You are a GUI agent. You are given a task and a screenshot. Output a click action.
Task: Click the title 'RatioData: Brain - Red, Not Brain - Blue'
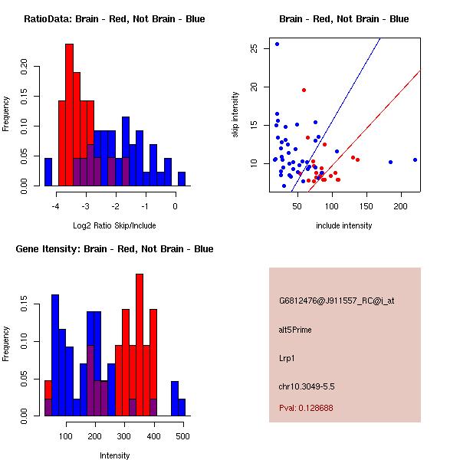(114, 19)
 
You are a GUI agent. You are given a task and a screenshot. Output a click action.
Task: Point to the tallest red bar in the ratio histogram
(69, 115)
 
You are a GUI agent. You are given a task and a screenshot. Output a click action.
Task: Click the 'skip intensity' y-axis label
(235, 115)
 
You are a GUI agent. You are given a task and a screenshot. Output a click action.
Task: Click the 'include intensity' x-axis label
(344, 225)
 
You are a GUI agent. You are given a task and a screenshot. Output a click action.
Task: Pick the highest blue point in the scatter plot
(277, 44)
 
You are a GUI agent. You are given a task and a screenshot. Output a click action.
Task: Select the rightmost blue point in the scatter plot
(415, 159)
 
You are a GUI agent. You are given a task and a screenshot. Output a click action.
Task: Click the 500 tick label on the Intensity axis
(182, 435)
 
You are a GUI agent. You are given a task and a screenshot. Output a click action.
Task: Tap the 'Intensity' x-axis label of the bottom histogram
(114, 455)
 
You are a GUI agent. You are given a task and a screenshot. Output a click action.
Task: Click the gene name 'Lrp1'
(288, 357)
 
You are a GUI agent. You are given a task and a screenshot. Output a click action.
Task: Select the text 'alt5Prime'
(295, 330)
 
